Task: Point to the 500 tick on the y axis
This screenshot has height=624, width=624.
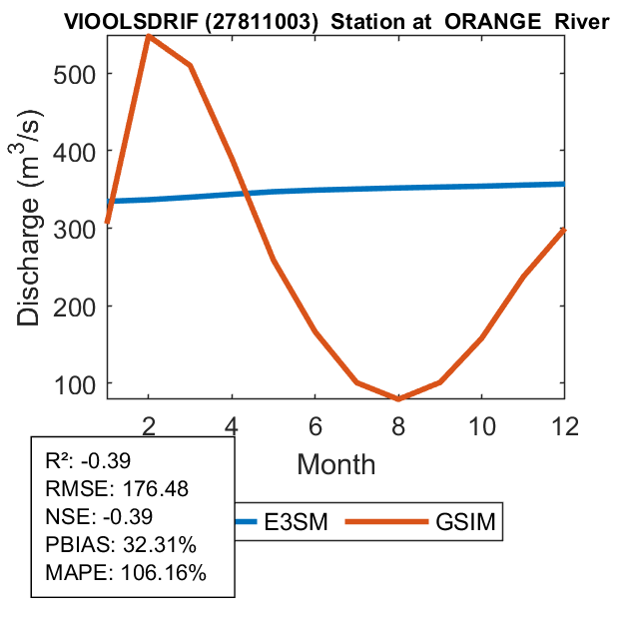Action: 78,74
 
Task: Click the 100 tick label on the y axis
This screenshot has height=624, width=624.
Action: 78,383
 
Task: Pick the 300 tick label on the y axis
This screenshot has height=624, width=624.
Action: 78,229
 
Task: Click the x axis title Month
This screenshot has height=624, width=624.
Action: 335,463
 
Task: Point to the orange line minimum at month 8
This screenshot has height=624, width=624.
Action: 398,399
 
